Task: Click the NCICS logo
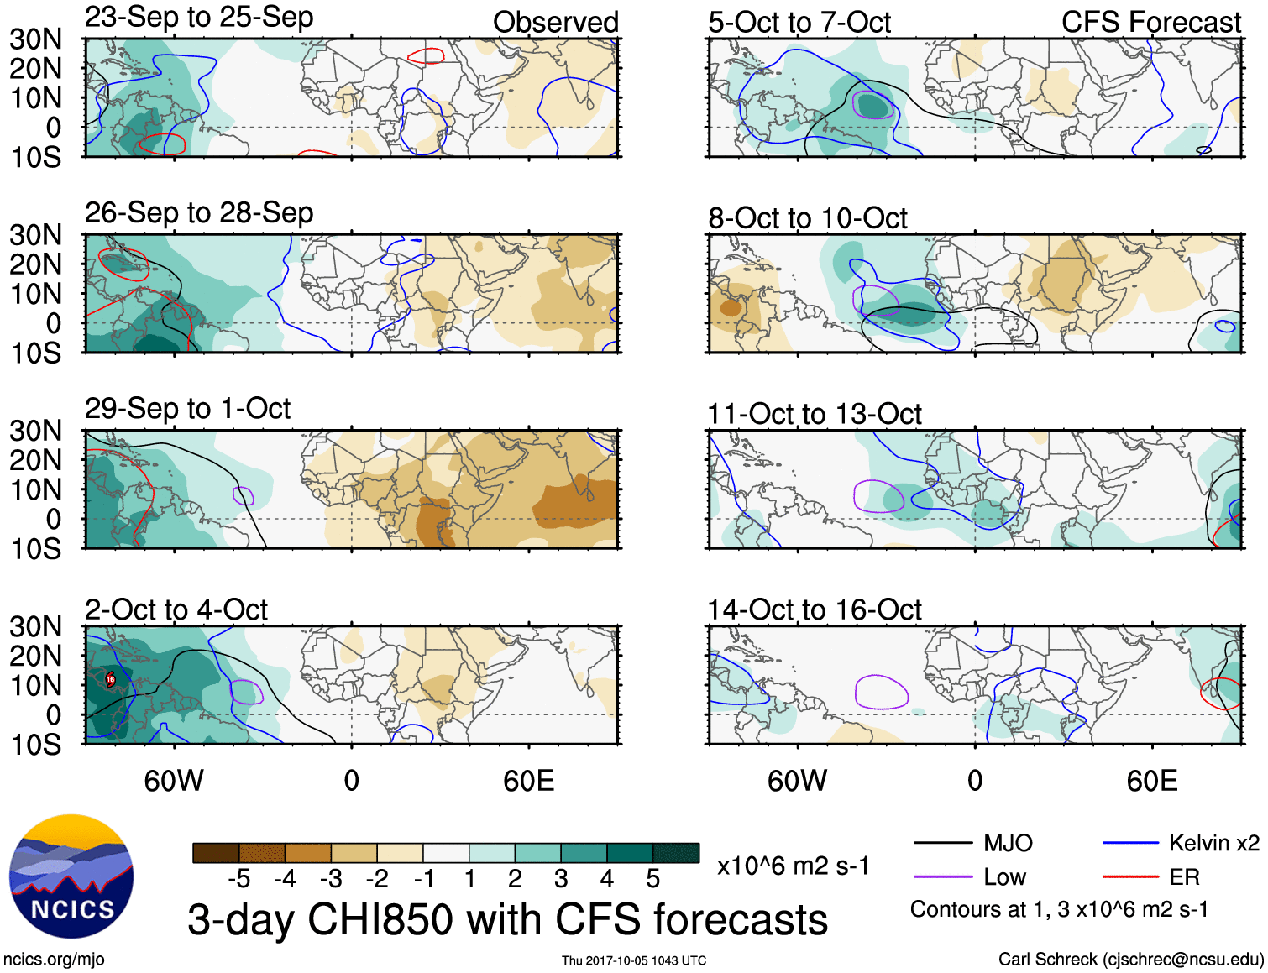(71, 876)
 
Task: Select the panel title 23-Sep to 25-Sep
(199, 17)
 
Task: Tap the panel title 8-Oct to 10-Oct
(807, 218)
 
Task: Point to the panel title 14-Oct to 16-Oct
(814, 609)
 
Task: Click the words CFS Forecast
(1150, 23)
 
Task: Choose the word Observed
(555, 23)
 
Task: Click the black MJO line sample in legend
(942, 843)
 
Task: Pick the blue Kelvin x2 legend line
(1130, 843)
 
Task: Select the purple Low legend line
(942, 877)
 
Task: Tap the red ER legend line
(1130, 877)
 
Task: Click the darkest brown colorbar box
(216, 853)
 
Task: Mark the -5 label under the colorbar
(239, 879)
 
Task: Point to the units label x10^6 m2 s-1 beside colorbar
(793, 866)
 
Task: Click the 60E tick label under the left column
(528, 781)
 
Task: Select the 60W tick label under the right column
(797, 781)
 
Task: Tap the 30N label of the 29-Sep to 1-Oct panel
(36, 432)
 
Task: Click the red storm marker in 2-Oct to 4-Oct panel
(110, 679)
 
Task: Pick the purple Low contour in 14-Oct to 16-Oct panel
(882, 692)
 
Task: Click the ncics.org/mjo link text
(54, 959)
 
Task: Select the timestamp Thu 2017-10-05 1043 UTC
(634, 960)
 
